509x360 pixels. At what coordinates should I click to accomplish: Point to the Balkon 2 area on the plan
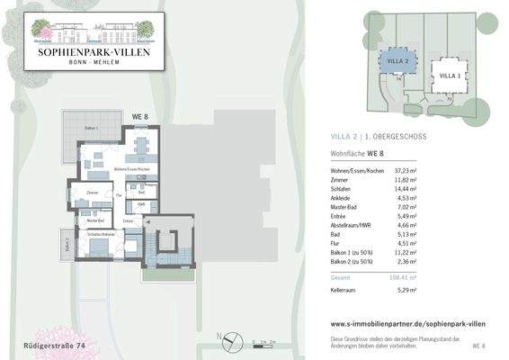pos(67,242)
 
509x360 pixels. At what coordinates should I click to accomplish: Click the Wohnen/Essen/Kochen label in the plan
pos(131,169)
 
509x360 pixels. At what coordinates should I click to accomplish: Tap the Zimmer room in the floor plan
pos(92,193)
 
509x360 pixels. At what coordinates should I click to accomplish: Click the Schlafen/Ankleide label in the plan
pos(101,234)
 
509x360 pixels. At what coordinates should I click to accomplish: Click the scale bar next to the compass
pos(262,342)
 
